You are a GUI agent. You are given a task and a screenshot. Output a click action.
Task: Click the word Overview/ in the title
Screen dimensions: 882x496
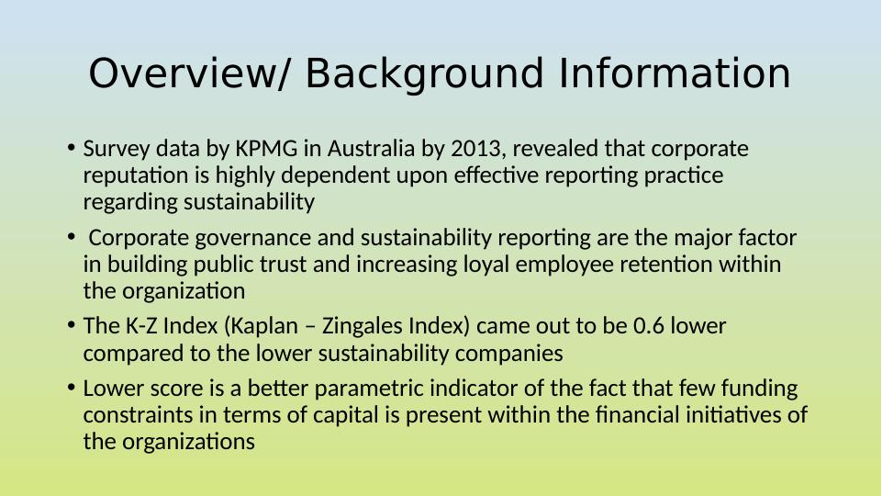point(188,73)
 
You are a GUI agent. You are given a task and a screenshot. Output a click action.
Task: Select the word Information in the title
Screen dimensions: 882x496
point(675,73)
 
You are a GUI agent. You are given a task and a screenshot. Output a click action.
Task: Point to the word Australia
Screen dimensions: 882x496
point(371,149)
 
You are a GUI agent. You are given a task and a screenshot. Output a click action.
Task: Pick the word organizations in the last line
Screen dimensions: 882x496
point(188,443)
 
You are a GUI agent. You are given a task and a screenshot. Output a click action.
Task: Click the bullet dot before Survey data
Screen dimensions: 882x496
point(71,148)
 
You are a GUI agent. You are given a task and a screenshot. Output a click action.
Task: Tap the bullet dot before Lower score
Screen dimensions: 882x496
point(71,388)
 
